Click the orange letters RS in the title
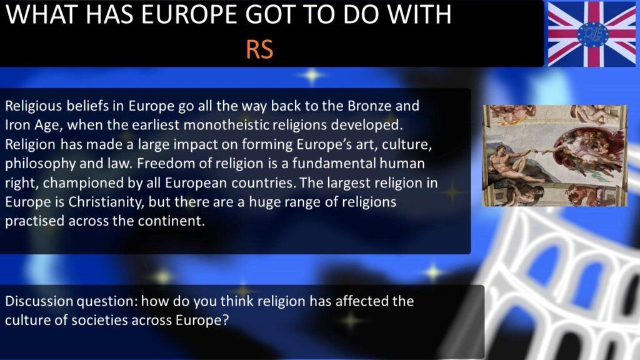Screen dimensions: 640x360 click(x=259, y=50)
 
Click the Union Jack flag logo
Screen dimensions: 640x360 click(x=591, y=34)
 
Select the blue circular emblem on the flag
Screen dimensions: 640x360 click(x=592, y=34)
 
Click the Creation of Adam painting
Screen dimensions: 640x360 click(x=555, y=156)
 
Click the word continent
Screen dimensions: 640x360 click(x=171, y=221)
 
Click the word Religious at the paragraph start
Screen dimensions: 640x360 click(x=34, y=106)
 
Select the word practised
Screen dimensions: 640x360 click(x=35, y=221)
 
